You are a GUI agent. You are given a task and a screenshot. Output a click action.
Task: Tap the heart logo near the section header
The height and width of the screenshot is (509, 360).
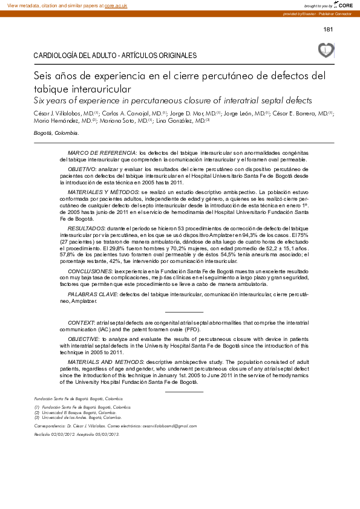click(x=326, y=50)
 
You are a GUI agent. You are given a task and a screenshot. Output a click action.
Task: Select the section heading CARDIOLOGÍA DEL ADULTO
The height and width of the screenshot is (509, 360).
click(x=115, y=56)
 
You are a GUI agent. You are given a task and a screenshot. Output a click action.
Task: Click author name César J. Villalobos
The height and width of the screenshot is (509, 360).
click(x=61, y=113)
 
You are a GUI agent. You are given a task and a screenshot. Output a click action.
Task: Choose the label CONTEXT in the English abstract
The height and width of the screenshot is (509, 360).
click(x=80, y=323)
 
